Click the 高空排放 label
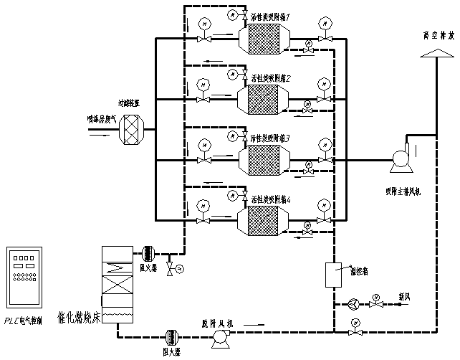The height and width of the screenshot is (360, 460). pos(439,34)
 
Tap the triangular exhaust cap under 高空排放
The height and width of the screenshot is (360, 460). pos(436,54)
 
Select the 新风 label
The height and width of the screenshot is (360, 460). pos(405,295)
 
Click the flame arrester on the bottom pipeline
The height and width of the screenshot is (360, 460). pos(172,337)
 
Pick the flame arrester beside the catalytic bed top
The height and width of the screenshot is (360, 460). pos(148,252)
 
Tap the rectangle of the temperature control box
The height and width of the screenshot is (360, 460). pos(331,274)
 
